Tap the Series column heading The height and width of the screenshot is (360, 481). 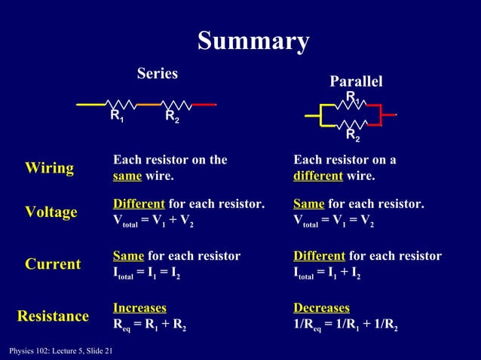(x=157, y=73)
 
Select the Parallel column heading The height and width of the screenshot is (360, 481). (x=356, y=81)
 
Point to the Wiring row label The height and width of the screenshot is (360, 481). (x=50, y=167)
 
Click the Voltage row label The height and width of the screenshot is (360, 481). (x=51, y=212)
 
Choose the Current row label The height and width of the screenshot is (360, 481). (x=53, y=264)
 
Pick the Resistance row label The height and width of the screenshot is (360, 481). (x=53, y=316)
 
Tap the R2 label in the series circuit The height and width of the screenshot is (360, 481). (x=172, y=116)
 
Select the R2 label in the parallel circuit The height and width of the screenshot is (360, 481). (x=352, y=136)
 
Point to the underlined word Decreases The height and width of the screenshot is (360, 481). (x=321, y=308)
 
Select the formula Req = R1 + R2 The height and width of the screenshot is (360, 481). (x=150, y=326)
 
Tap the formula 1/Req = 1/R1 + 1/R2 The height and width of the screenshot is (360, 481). (x=345, y=326)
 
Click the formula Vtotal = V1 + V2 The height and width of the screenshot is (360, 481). (x=153, y=223)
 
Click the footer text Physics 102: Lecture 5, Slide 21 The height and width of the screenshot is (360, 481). (x=57, y=351)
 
